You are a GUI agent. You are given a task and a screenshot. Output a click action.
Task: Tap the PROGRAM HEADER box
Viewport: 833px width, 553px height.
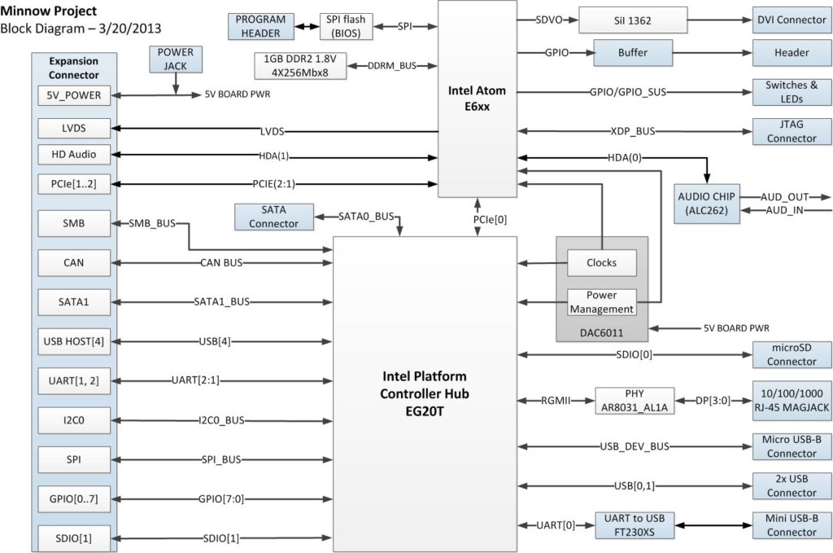(x=260, y=26)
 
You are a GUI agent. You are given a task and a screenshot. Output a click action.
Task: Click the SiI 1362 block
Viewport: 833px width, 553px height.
(x=631, y=20)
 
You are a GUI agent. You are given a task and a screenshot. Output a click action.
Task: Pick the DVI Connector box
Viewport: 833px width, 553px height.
(x=792, y=20)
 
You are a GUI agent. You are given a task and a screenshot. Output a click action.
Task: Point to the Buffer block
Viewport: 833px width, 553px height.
(x=632, y=53)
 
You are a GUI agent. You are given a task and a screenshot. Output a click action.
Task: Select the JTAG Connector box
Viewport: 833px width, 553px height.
(x=792, y=131)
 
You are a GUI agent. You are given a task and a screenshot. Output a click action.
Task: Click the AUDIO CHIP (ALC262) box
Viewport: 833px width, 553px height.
(x=706, y=204)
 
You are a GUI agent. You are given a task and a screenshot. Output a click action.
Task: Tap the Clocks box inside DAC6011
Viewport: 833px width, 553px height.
(x=601, y=262)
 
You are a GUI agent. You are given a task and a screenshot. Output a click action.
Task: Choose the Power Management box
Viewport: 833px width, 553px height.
(x=601, y=302)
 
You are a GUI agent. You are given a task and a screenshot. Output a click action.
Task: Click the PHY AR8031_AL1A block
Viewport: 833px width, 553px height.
(x=635, y=400)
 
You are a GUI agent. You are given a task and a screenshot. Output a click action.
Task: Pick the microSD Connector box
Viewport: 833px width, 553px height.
(x=792, y=354)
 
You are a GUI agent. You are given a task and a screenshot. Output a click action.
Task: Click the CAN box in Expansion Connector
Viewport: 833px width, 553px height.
(x=73, y=262)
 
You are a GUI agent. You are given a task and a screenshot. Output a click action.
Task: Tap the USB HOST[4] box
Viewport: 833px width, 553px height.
(x=73, y=340)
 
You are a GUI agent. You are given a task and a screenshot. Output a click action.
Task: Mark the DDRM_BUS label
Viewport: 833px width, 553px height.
(x=392, y=64)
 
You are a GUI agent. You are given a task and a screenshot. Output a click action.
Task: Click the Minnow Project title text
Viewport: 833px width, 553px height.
(x=48, y=11)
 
